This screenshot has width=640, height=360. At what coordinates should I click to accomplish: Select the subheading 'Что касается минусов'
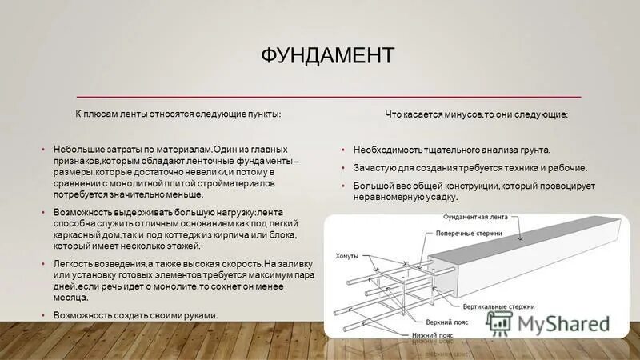coord(477,115)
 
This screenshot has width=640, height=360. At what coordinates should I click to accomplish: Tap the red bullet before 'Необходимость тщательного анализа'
coord(342,150)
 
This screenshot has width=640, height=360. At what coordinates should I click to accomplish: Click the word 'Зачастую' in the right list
coord(373,168)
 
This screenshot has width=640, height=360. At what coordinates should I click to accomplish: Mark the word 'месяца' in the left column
coord(68,298)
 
